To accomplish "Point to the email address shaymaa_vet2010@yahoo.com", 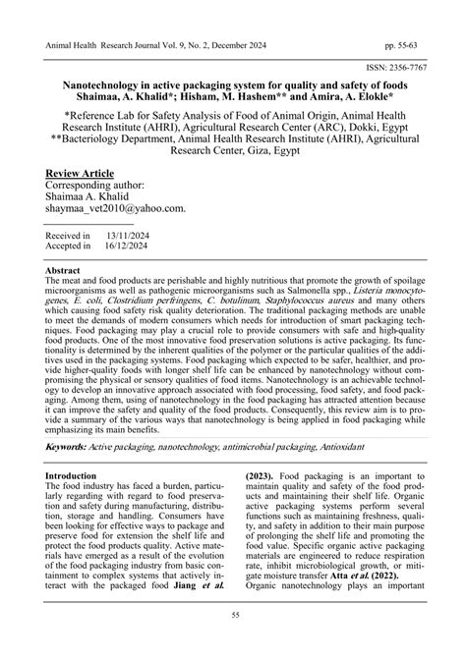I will click(x=116, y=208).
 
